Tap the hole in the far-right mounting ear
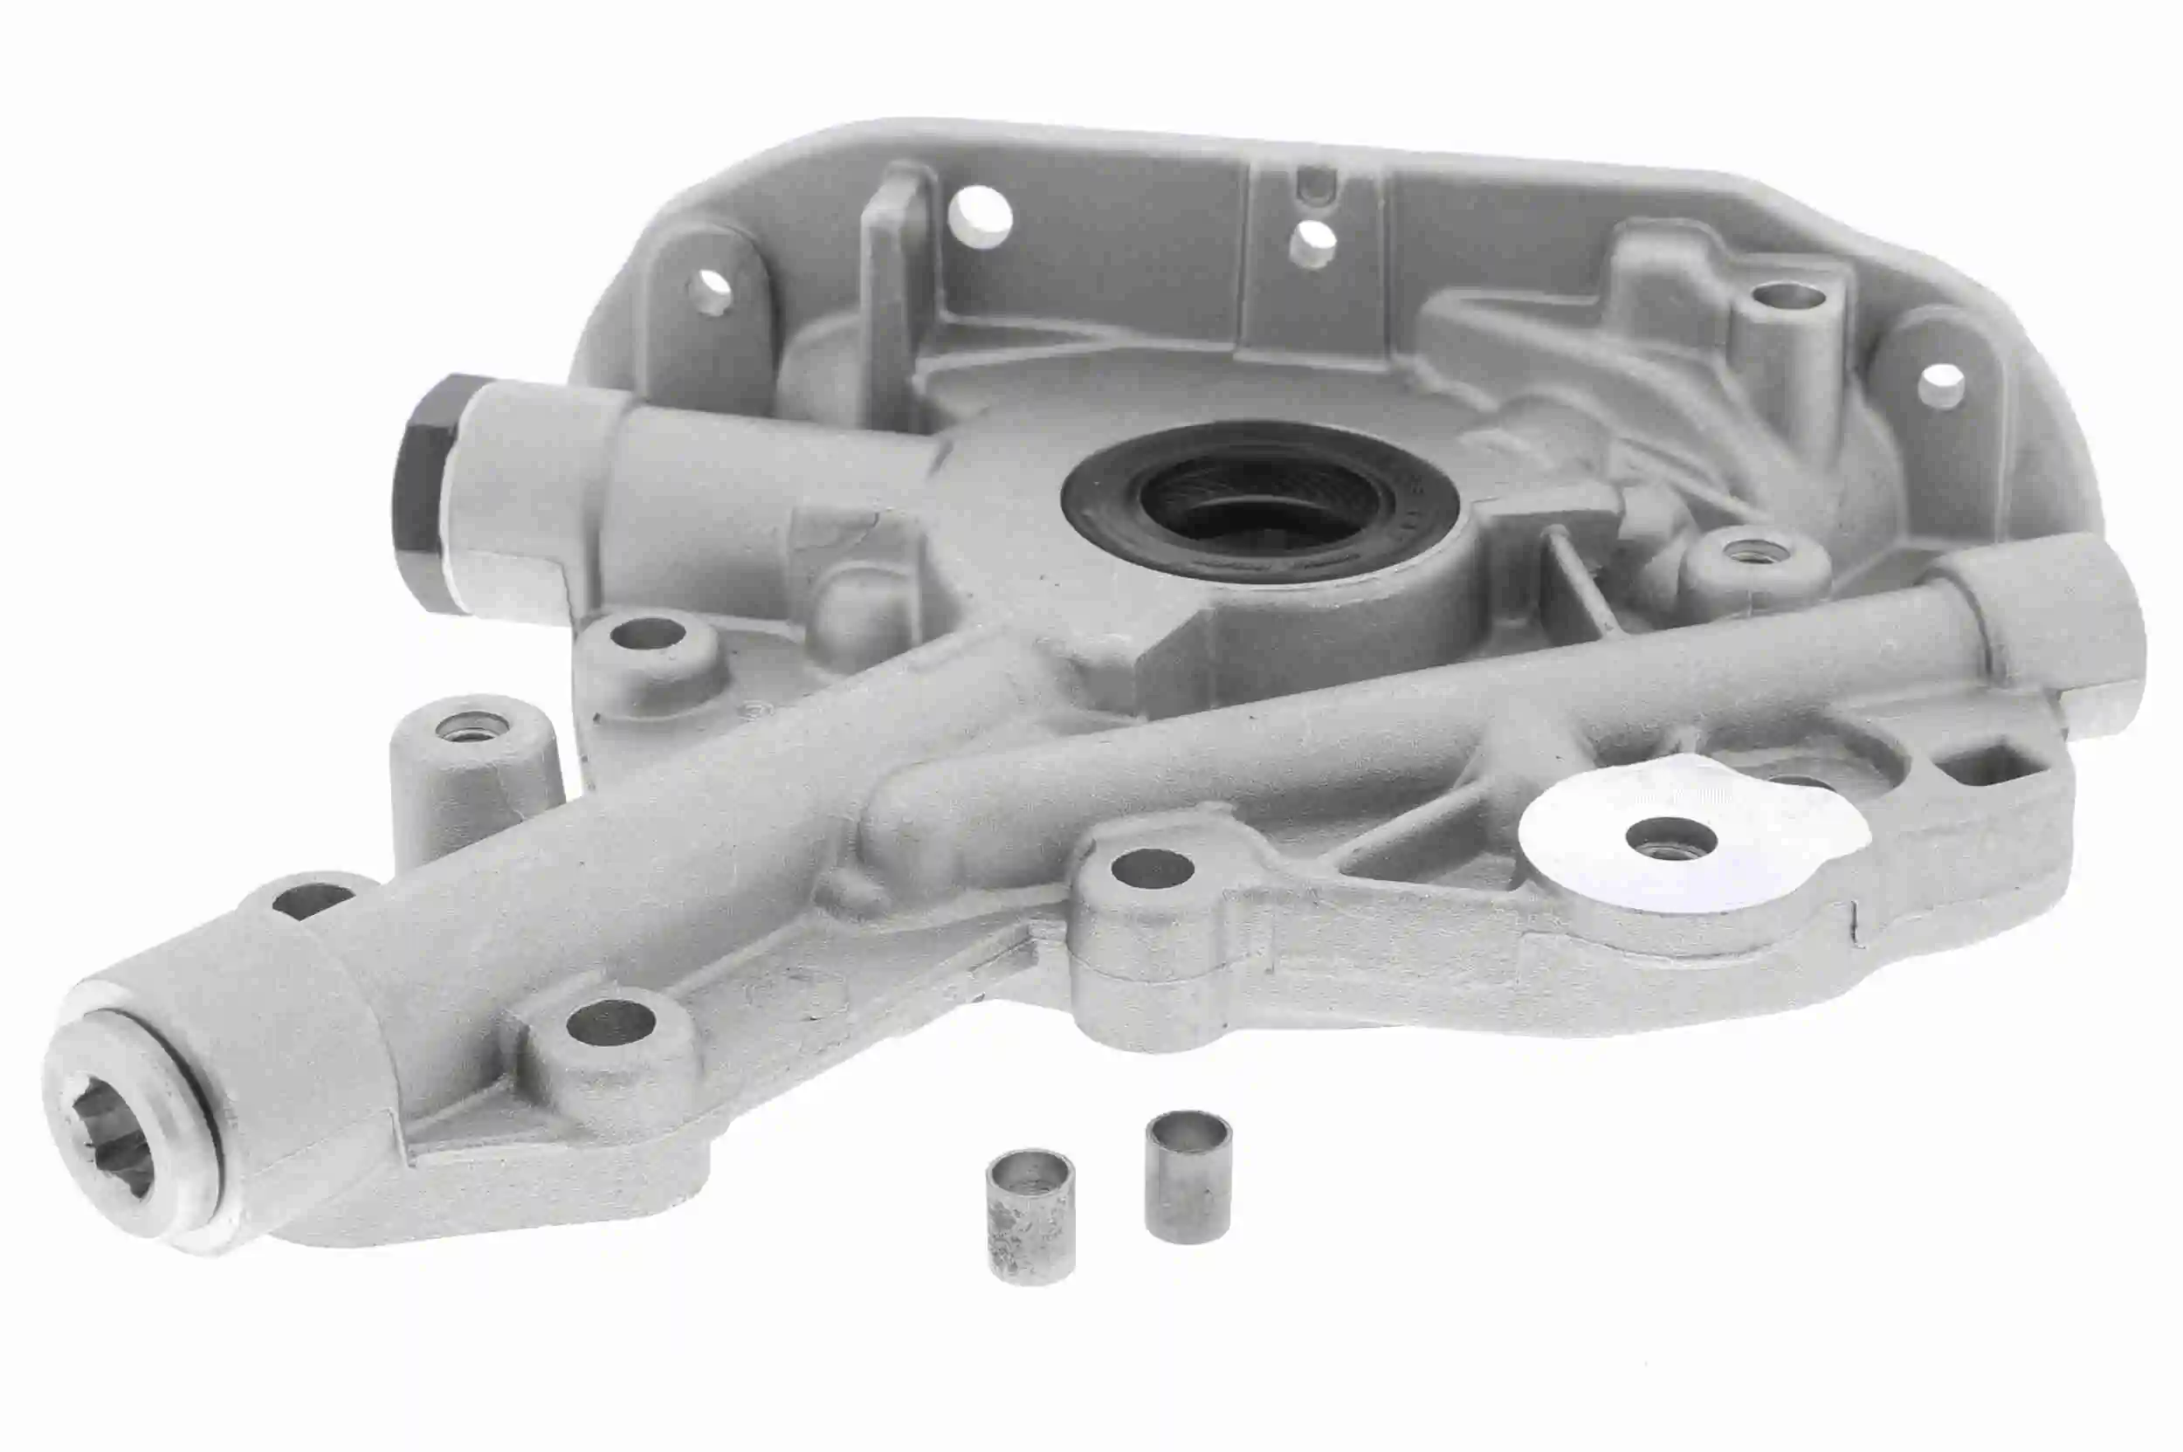coord(1939,384)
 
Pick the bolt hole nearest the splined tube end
coord(611,1022)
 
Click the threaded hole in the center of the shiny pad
coord(1670,837)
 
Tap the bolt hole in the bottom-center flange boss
coord(1152,869)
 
